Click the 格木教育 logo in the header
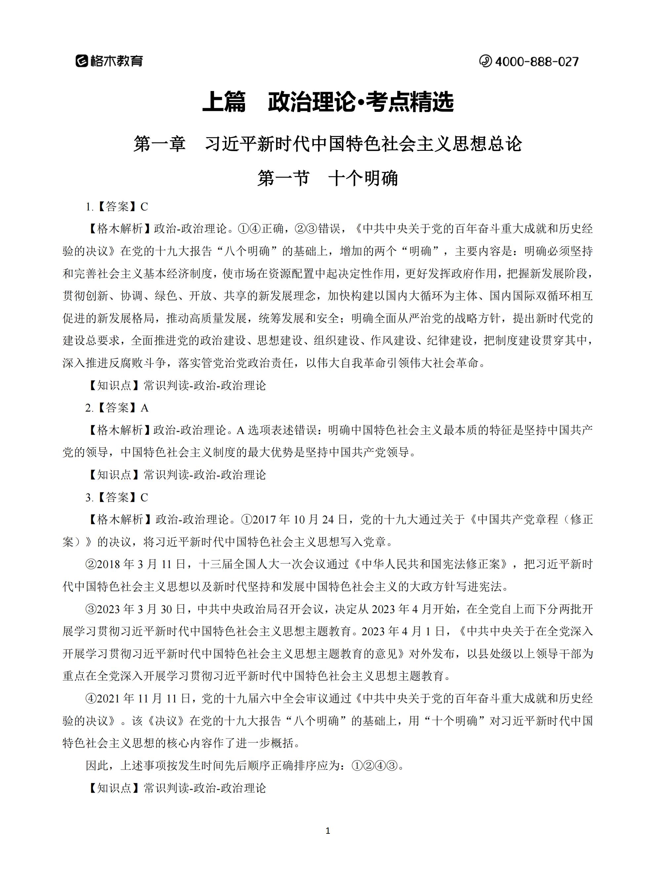point(109,61)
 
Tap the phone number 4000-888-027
point(537,62)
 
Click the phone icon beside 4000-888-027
point(485,61)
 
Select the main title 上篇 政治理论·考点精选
point(328,102)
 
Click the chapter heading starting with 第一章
point(328,144)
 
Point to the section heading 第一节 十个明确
point(328,178)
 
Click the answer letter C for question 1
point(144,207)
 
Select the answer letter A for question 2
point(144,408)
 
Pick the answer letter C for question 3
point(144,497)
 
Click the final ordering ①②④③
point(375,766)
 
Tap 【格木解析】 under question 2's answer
point(119,430)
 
